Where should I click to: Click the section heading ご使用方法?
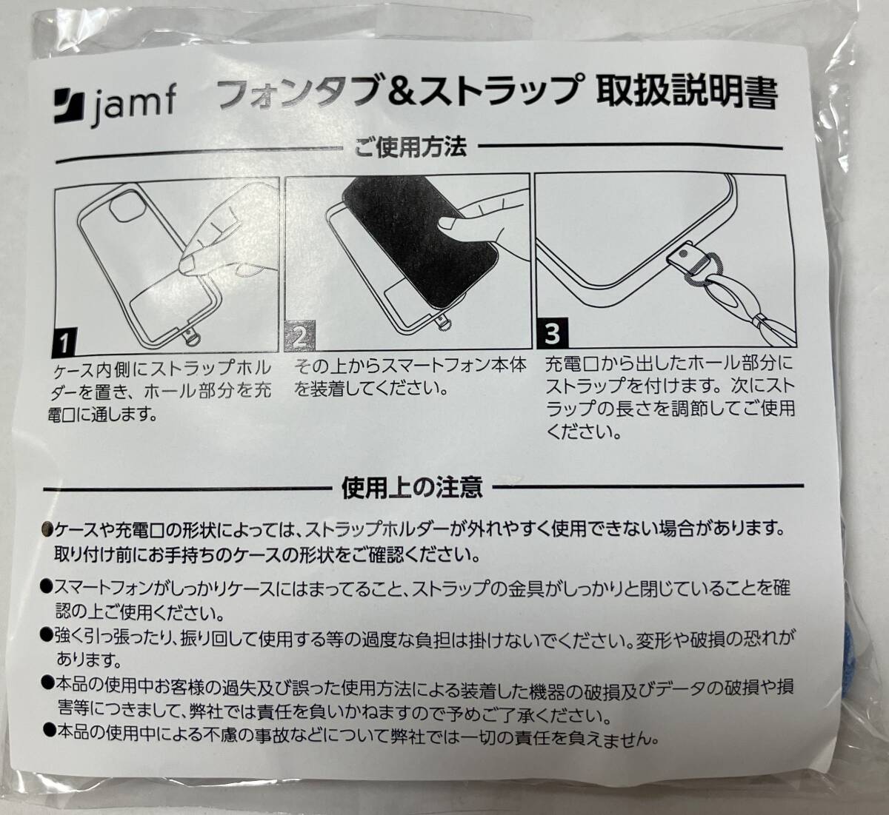point(410,147)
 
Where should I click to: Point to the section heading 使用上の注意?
point(412,487)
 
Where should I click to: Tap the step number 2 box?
point(300,338)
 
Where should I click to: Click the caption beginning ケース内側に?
point(162,389)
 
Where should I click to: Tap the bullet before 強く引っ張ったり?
point(47,634)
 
